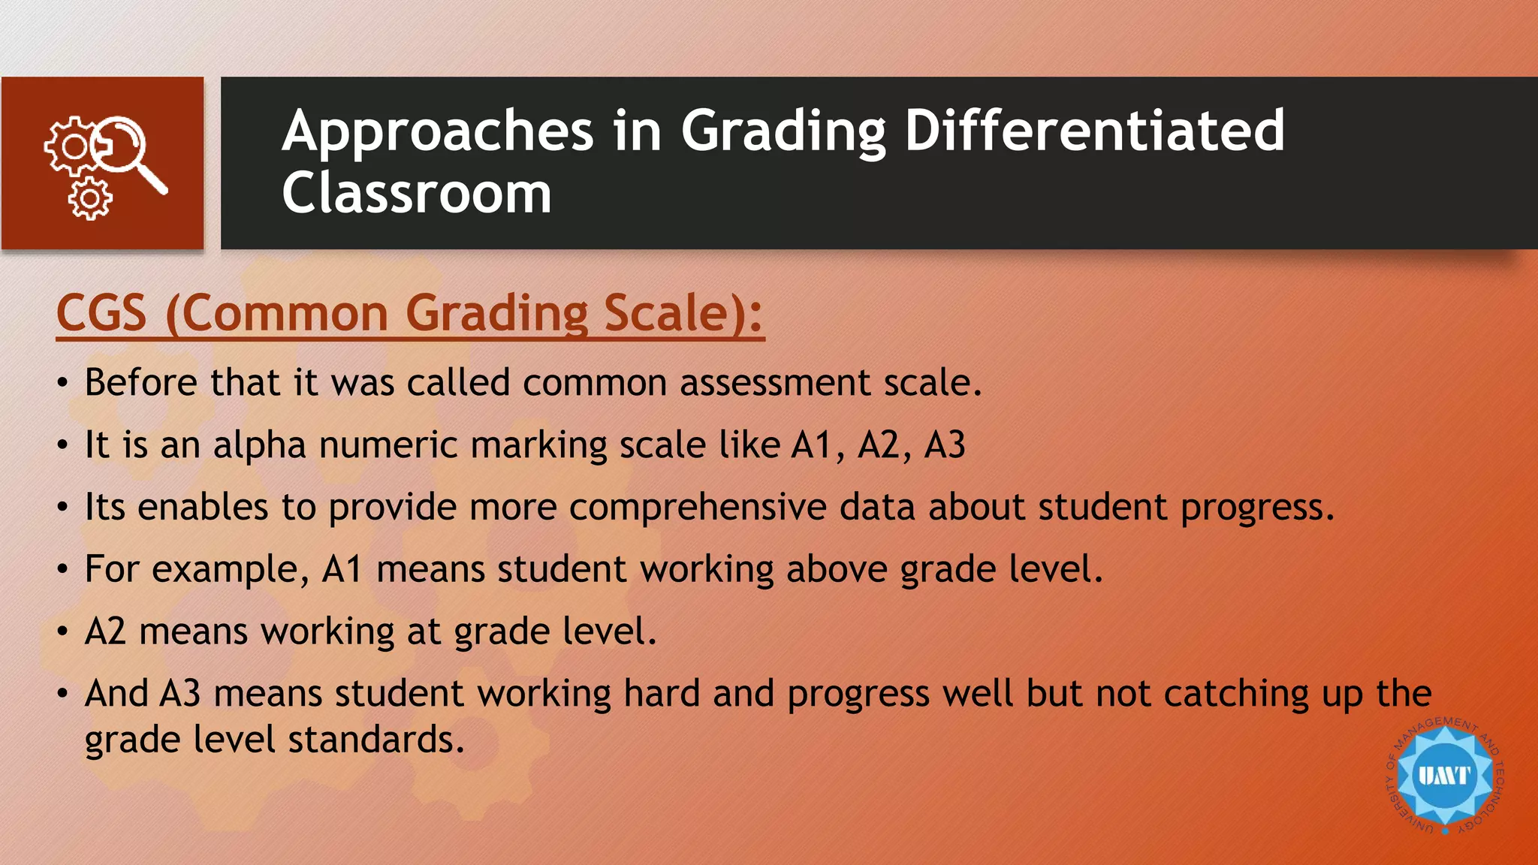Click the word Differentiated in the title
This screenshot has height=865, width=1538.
click(x=1094, y=131)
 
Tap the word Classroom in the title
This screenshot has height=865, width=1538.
click(x=417, y=193)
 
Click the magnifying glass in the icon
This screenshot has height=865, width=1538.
click(x=128, y=150)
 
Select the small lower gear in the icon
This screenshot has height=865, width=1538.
click(x=90, y=199)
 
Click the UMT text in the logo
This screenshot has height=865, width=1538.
click(x=1444, y=775)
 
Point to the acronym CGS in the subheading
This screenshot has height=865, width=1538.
click(x=101, y=313)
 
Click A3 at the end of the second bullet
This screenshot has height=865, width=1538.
click(x=945, y=445)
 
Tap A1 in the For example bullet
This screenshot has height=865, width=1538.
click(x=342, y=569)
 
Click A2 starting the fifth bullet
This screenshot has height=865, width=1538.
click(x=105, y=631)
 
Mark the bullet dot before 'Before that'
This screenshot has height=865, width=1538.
click(x=63, y=384)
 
